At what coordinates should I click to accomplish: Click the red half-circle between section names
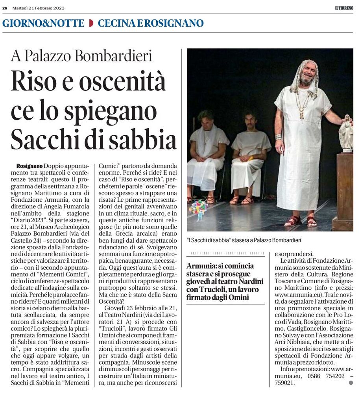(x=91, y=23)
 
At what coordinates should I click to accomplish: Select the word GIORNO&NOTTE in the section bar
(x=43, y=23)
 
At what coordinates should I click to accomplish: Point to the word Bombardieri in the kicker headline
(x=114, y=56)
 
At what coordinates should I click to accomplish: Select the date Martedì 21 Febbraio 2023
(x=38, y=8)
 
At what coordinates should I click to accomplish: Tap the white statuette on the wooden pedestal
(x=346, y=134)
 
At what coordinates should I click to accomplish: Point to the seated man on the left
(x=207, y=153)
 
